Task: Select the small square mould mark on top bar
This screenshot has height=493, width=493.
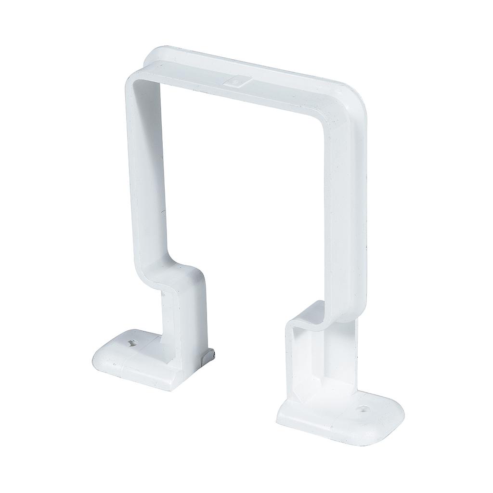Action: point(236,83)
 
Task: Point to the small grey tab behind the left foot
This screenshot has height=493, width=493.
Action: point(210,356)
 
